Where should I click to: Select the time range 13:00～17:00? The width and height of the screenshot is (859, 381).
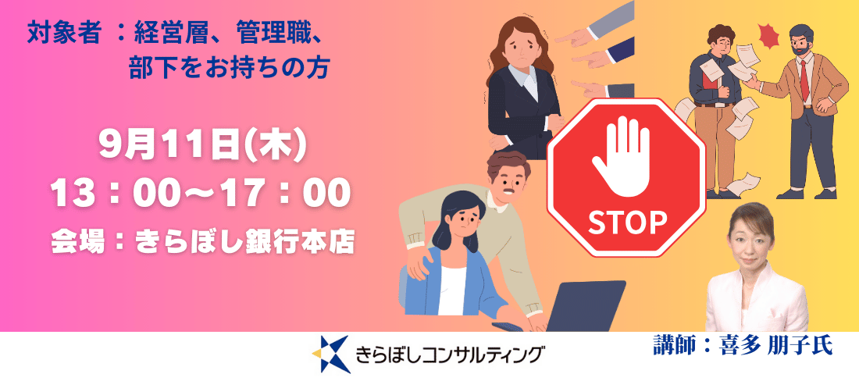pyautogui.click(x=201, y=194)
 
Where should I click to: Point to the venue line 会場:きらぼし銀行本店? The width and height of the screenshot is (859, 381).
pyautogui.click(x=201, y=241)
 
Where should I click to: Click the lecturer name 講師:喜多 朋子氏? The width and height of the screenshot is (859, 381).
pyautogui.click(x=743, y=345)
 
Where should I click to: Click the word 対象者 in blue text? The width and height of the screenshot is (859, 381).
pyautogui.click(x=64, y=36)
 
